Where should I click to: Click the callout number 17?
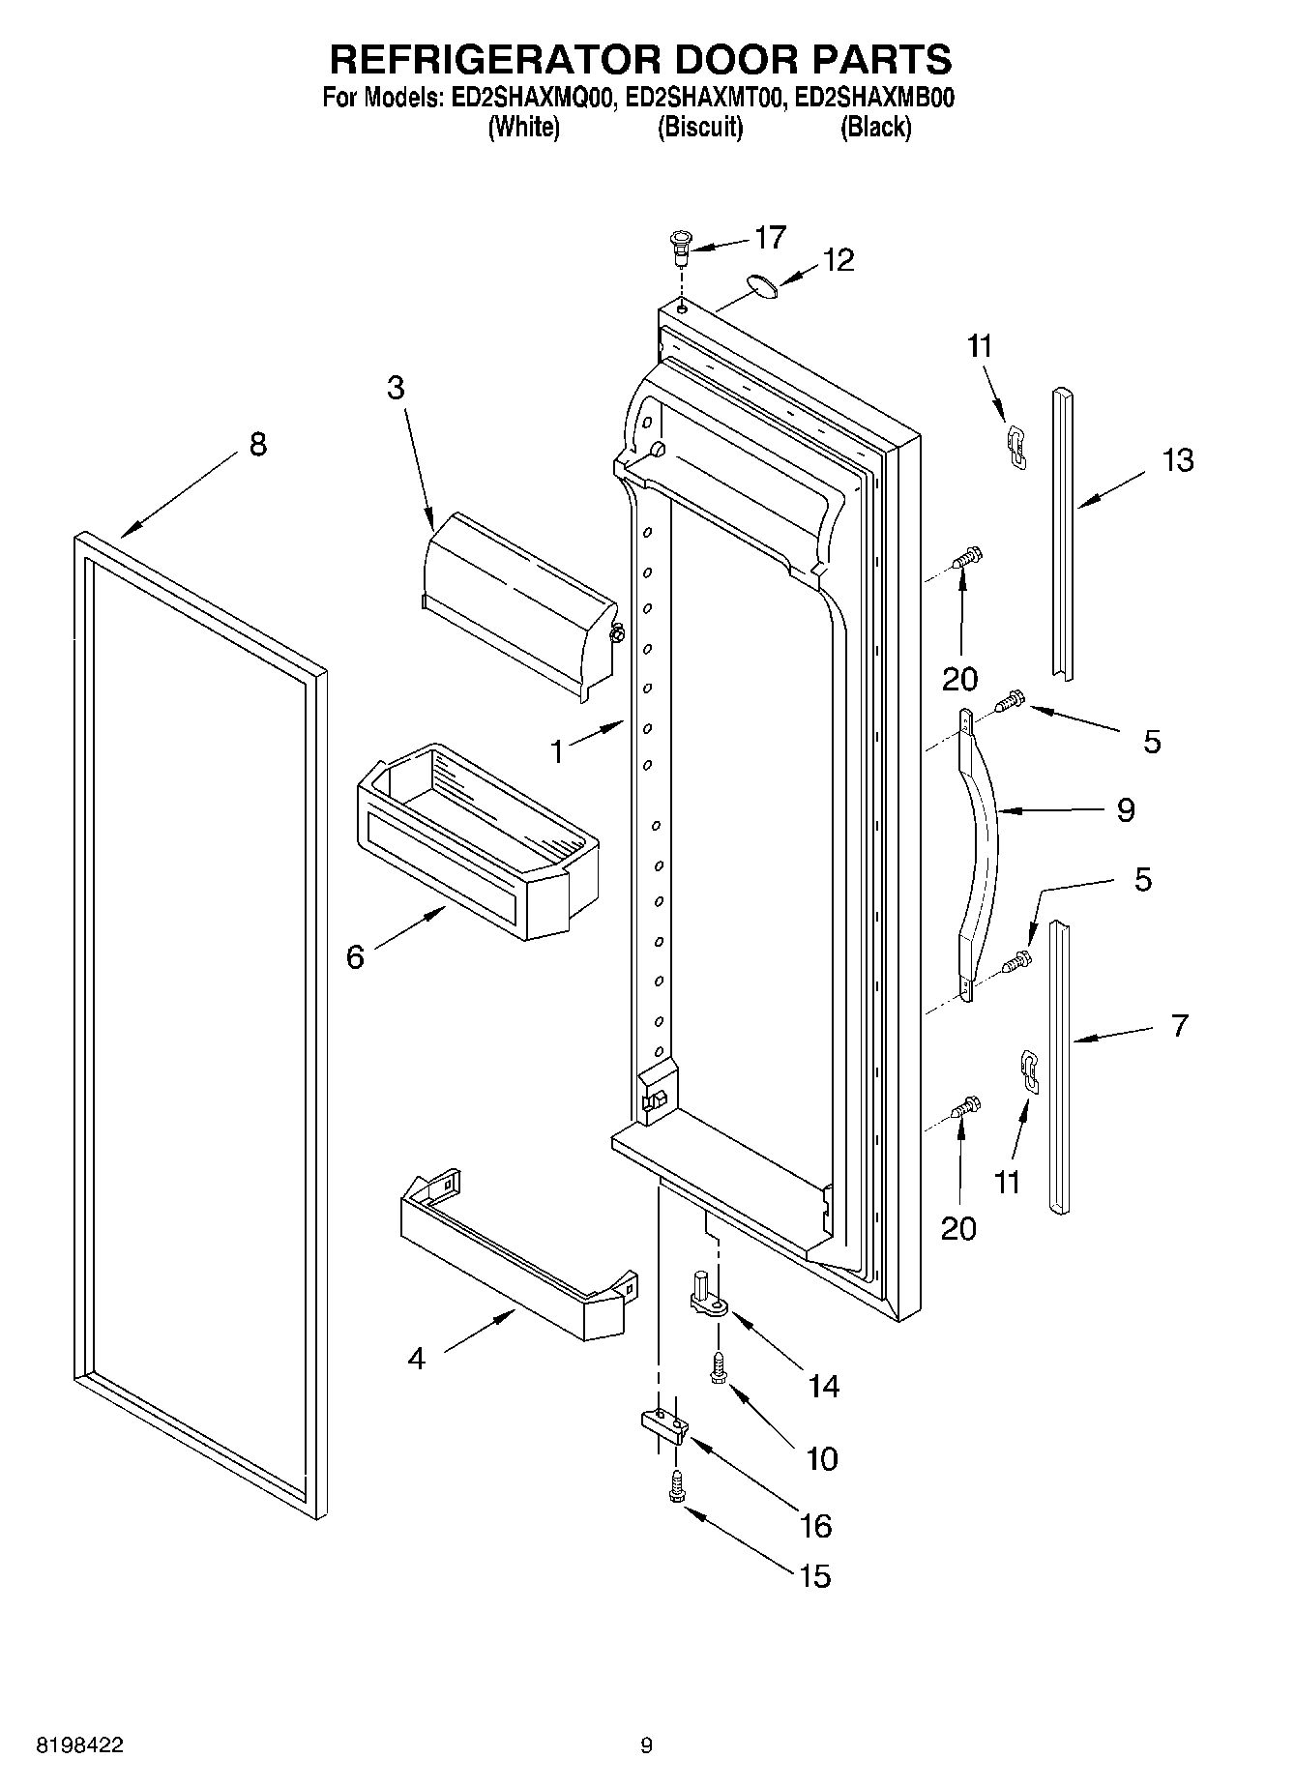770,237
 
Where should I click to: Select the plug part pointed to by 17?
681,248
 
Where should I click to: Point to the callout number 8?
257,445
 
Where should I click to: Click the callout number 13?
1177,460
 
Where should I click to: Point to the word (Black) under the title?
875,127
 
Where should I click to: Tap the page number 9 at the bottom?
646,1745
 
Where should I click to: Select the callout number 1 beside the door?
557,751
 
